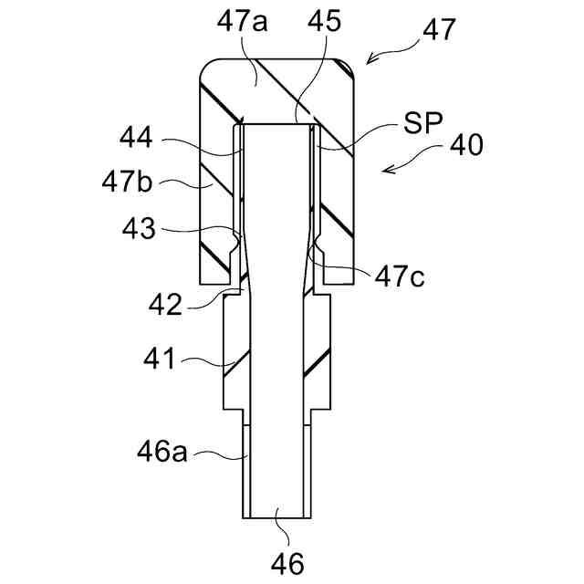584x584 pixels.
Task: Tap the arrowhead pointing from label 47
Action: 369,63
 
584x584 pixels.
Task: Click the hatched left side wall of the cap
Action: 217,192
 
